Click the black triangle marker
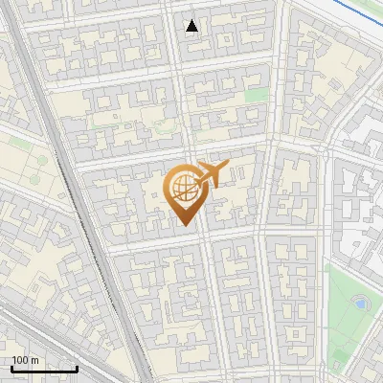click(192, 26)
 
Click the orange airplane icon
click(213, 174)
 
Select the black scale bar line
click(43, 370)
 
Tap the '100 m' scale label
click(26, 360)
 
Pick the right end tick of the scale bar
click(77, 368)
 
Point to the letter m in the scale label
click(35, 360)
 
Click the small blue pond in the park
click(360, 303)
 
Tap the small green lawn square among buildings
click(255, 96)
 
